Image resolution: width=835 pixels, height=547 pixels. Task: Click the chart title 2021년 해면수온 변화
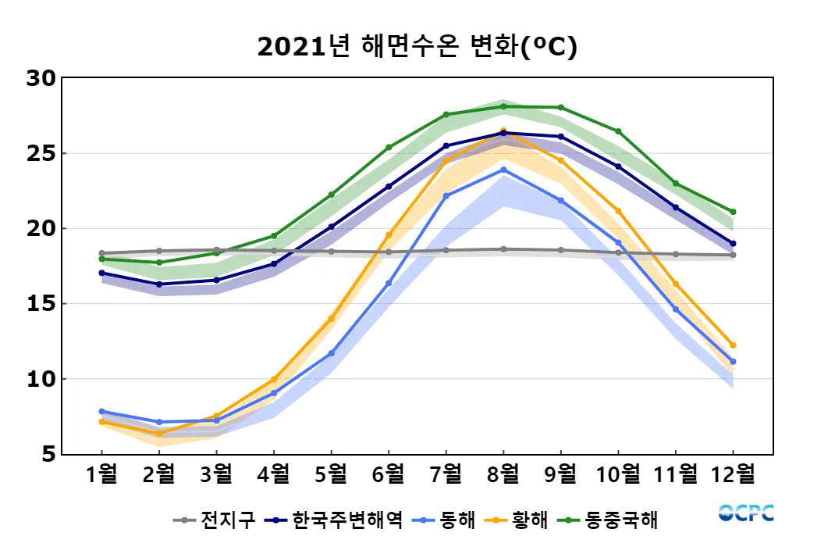click(x=417, y=48)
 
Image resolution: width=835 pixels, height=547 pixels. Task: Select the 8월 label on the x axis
click(x=503, y=474)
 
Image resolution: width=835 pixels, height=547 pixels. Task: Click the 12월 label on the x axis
click(x=733, y=474)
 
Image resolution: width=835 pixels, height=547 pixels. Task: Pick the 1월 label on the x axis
click(x=102, y=474)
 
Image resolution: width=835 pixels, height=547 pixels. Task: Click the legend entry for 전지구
click(x=215, y=520)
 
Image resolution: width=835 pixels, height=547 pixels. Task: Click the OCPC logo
click(x=746, y=513)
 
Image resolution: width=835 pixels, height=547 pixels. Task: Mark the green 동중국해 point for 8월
click(x=503, y=106)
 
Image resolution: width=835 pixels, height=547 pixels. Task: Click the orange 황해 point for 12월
click(x=733, y=345)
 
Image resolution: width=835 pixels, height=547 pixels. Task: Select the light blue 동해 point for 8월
click(x=503, y=170)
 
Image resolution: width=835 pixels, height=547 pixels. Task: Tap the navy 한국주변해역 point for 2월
click(x=159, y=284)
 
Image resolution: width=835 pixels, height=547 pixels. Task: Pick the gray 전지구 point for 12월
click(x=733, y=255)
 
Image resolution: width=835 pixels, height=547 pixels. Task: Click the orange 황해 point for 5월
click(x=331, y=319)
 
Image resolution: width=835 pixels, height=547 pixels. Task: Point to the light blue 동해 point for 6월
click(x=389, y=283)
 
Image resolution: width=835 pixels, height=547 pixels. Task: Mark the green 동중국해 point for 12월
click(x=733, y=212)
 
